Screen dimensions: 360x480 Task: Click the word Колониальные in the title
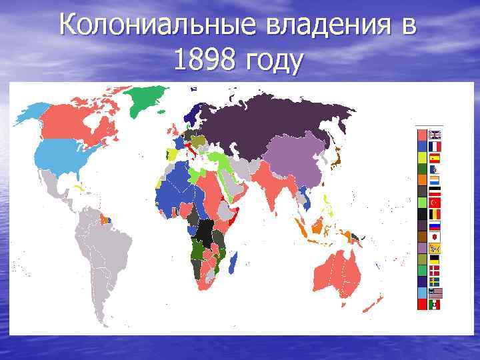click(x=153, y=27)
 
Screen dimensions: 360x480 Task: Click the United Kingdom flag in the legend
click(x=435, y=134)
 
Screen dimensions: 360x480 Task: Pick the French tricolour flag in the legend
click(x=435, y=146)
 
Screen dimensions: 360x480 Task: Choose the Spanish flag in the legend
click(x=435, y=158)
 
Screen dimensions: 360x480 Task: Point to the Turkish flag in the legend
click(x=435, y=201)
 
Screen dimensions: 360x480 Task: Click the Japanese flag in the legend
click(x=435, y=237)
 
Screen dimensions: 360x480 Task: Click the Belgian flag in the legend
click(x=435, y=213)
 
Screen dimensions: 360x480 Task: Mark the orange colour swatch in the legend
click(x=422, y=179)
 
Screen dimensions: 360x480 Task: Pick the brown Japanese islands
click(x=337, y=157)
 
